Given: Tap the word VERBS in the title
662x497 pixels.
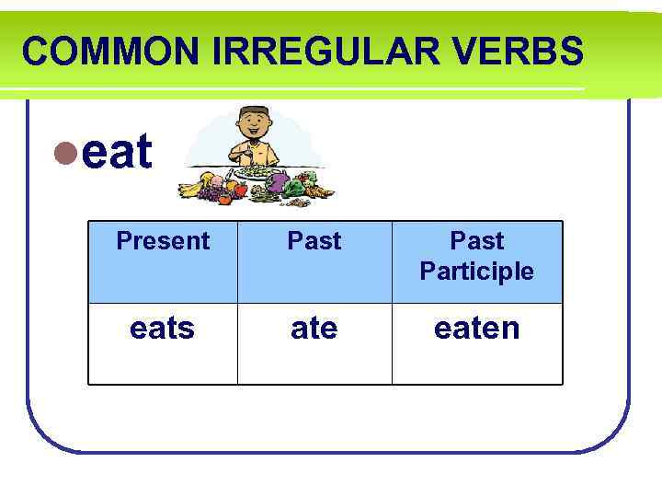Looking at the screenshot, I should pyautogui.click(x=523, y=52).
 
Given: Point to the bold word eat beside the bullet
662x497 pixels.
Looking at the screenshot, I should pyautogui.click(x=117, y=153).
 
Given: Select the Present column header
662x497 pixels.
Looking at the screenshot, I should pyautogui.click(x=163, y=241).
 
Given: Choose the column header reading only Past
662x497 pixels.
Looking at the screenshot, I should pyautogui.click(x=314, y=241).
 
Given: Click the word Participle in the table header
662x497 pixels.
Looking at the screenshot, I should pyautogui.click(x=476, y=272).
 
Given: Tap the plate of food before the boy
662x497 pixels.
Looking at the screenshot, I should pyautogui.click(x=257, y=172).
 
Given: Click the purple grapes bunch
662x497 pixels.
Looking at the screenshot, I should pyautogui.click(x=213, y=191).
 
